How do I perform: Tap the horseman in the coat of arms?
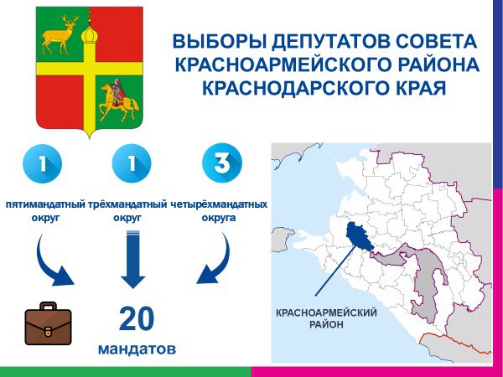[x=119, y=100]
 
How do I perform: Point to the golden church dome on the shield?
[x=89, y=34]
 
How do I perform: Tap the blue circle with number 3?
[x=222, y=163]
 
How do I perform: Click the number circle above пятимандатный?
[x=43, y=164]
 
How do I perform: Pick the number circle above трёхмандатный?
[x=132, y=163]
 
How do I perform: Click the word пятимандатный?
[x=45, y=204]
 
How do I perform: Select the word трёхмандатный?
[x=127, y=204]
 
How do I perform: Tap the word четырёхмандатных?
[x=219, y=204]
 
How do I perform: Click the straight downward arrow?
[x=133, y=259]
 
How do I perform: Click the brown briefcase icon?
[x=48, y=323]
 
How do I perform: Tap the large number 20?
[x=137, y=318]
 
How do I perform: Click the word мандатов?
[x=137, y=349]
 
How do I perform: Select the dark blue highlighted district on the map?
[x=359, y=236]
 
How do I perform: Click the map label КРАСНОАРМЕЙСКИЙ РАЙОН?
[x=326, y=318]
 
